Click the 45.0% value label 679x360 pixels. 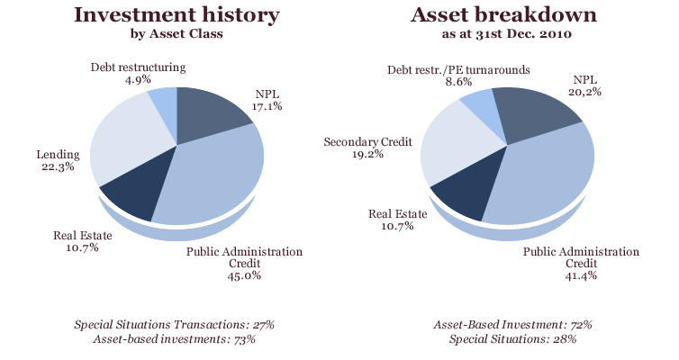point(244,276)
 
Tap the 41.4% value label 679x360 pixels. point(581,276)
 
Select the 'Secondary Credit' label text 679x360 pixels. point(370,141)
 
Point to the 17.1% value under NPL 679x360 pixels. point(267,106)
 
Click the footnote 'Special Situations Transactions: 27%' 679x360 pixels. point(175,323)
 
